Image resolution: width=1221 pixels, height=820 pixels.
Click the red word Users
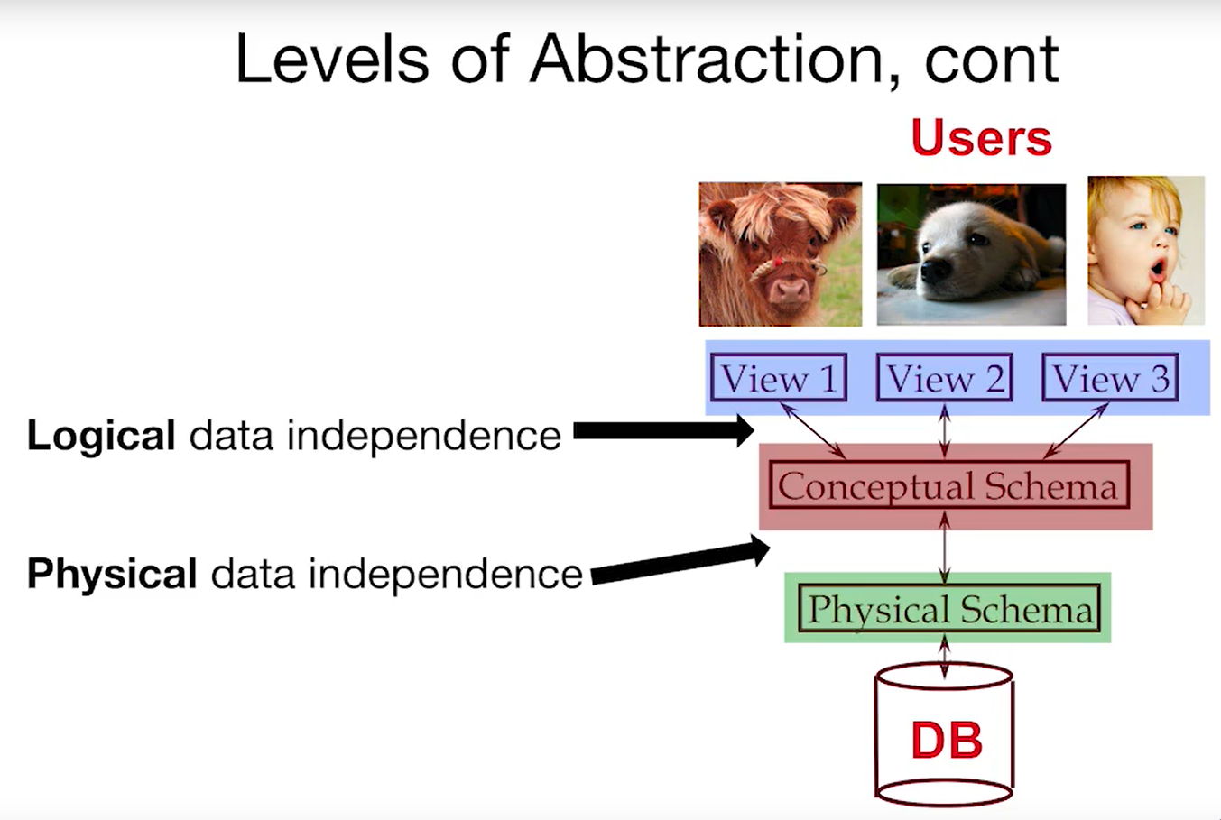coord(981,138)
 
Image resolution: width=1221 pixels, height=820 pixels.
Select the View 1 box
coord(779,377)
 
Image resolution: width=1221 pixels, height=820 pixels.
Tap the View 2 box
coord(945,377)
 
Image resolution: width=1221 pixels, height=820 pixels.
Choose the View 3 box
coord(1110,377)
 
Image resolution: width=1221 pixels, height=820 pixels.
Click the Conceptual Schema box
coord(949,485)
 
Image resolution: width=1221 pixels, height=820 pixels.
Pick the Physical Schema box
coord(949,607)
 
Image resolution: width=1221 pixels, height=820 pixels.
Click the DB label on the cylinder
coord(947,740)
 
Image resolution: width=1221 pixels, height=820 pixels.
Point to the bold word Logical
coord(101,436)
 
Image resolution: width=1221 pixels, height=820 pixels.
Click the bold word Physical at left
coord(112,574)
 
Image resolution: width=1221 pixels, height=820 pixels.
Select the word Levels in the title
coord(332,59)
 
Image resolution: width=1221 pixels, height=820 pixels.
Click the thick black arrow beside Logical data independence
coord(664,431)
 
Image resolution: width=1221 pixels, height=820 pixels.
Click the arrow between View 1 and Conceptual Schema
coord(813,430)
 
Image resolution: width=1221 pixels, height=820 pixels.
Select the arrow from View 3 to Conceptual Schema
coord(1076,430)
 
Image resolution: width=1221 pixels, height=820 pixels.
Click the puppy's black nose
coord(935,270)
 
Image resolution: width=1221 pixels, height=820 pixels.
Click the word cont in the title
coord(992,61)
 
